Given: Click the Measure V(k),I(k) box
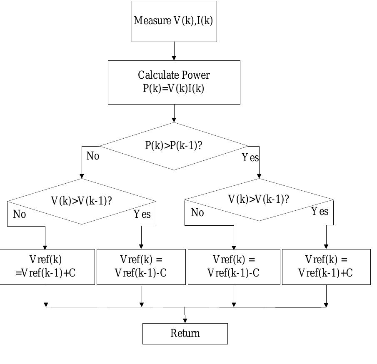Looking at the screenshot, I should pyautogui.click(x=174, y=21).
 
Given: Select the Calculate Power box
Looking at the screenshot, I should pyautogui.click(x=174, y=82).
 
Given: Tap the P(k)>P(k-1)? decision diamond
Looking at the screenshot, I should pyautogui.click(x=174, y=146).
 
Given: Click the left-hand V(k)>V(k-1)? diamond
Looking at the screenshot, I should pyautogui.click(x=82, y=201).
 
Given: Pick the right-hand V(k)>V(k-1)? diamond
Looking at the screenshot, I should pyautogui.click(x=259, y=199).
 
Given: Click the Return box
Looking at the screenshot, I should pyautogui.click(x=185, y=334).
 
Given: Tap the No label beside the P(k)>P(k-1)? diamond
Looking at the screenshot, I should pyautogui.click(x=93, y=156).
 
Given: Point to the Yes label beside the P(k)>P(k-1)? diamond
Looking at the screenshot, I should pyautogui.click(x=250, y=158).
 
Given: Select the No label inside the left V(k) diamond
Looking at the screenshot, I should pyautogui.click(x=20, y=214).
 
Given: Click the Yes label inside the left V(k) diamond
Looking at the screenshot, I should pyautogui.click(x=142, y=214).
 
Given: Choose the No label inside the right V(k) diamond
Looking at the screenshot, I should pyautogui.click(x=197, y=213).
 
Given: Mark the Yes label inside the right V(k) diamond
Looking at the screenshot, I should pyautogui.click(x=320, y=212).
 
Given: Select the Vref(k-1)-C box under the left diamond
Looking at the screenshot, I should pyautogui.click(x=141, y=267).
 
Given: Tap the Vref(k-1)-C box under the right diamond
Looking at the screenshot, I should pyautogui.click(x=234, y=267).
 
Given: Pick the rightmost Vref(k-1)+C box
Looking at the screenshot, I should pyautogui.click(x=326, y=267).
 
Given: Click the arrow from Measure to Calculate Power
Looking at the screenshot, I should pyautogui.click(x=174, y=51).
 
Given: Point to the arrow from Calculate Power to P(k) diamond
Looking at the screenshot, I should pyautogui.click(x=174, y=113).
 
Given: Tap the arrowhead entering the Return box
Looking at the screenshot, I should pyautogui.click(x=185, y=320).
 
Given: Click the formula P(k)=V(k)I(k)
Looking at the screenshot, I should pyautogui.click(x=174, y=89).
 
